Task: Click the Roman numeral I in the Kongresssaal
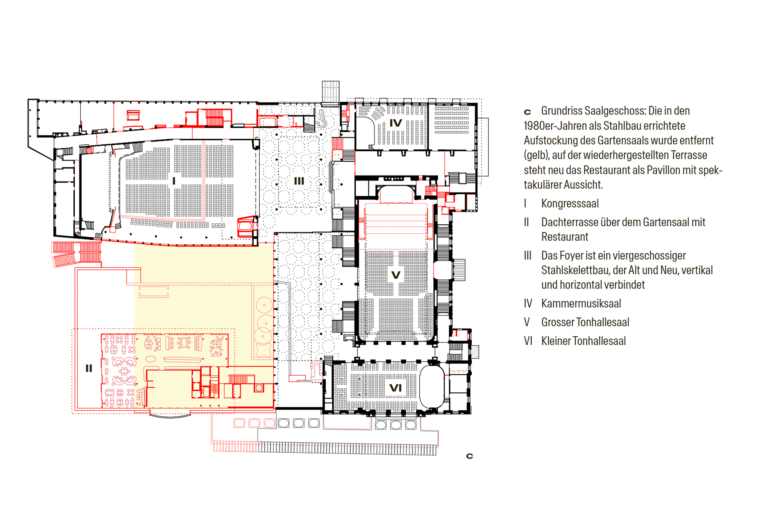tap(174, 181)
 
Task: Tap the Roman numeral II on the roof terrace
tap(89, 368)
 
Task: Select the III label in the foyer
tap(299, 181)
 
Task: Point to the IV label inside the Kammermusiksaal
tap(396, 123)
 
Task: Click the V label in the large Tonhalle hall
tap(396, 275)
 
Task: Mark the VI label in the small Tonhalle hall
tap(396, 388)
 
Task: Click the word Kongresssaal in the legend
tap(570, 203)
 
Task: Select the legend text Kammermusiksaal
tap(581, 303)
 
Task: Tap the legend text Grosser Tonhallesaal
tap(585, 322)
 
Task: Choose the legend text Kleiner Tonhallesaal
tap(583, 341)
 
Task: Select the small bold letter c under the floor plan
tap(469, 456)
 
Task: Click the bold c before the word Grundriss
tap(527, 112)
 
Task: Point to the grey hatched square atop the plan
tap(330, 92)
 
